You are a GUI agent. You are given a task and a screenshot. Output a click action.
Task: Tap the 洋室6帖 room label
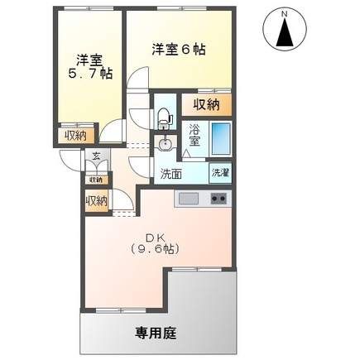[178, 49]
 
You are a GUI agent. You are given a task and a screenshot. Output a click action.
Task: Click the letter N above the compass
[283, 14]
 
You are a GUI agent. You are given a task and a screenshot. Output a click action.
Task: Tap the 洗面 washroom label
[171, 174]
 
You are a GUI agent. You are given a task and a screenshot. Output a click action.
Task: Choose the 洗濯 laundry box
[218, 173]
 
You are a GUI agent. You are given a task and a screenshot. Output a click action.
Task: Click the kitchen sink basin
[187, 199]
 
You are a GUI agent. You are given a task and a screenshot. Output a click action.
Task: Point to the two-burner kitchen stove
[218, 199]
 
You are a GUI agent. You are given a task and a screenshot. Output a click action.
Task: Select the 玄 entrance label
[96, 156]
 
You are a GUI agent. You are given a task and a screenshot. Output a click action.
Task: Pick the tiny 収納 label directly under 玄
[97, 179]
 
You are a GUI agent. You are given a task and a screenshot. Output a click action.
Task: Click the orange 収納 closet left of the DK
[96, 201]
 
